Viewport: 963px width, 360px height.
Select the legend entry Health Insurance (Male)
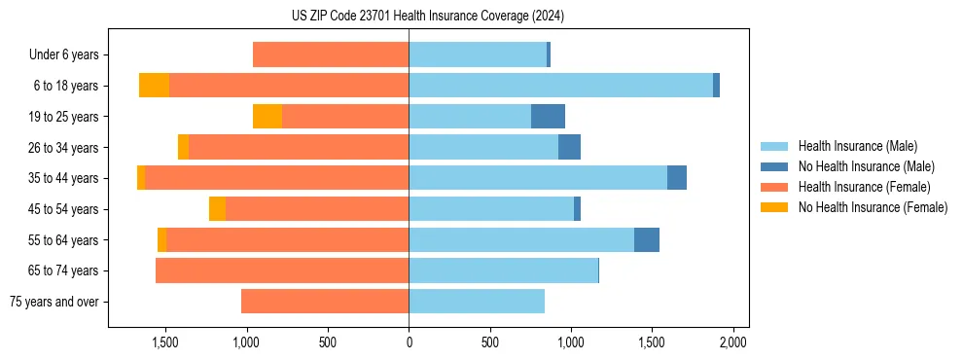tap(857, 146)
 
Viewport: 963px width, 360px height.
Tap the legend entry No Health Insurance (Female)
tap(873, 207)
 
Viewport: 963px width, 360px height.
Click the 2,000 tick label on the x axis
tap(732, 342)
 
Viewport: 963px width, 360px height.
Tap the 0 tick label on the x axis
tap(409, 342)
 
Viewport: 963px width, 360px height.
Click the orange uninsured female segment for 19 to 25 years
tap(267, 117)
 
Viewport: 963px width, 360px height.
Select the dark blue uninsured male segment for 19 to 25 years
tap(548, 117)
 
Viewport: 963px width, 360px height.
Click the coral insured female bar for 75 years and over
tap(325, 302)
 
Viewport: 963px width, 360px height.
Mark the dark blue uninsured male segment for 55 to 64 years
tap(647, 240)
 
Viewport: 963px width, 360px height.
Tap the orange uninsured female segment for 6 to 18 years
tap(154, 86)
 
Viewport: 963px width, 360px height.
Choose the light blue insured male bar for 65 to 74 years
tap(503, 270)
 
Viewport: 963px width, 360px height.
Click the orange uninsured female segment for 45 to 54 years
tap(217, 209)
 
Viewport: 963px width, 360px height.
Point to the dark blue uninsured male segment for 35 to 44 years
tap(677, 178)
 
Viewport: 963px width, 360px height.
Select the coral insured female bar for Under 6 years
tap(331, 55)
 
